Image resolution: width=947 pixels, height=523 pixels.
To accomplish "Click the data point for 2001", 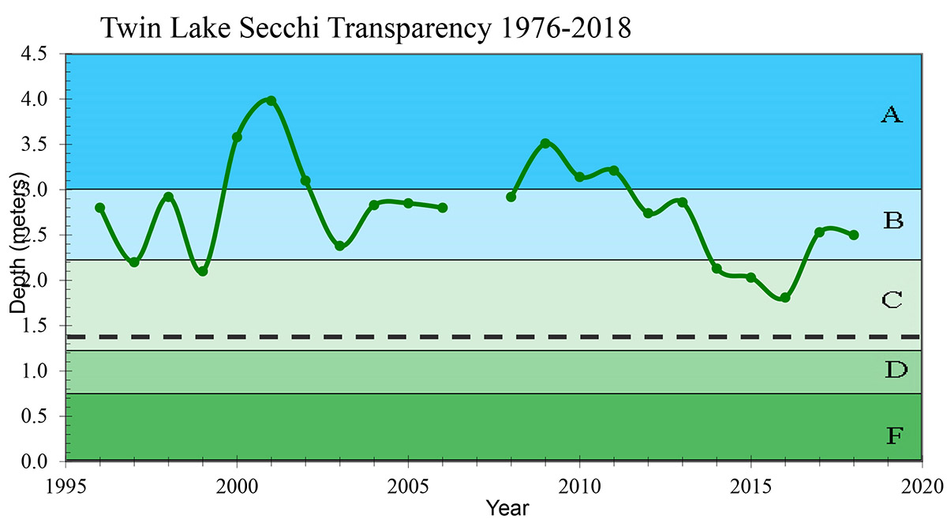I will [271, 100].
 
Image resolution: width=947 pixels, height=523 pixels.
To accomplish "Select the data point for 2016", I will [785, 297].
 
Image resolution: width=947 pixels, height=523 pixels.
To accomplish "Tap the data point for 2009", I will [545, 143].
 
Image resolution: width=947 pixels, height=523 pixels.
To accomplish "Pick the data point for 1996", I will [99, 208].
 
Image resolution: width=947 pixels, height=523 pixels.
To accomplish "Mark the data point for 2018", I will [854, 235].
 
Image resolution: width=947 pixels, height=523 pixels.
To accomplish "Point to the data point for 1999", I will [203, 271].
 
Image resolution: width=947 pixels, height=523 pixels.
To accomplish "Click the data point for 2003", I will [339, 246].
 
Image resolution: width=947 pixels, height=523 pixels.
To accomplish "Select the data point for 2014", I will [717, 269].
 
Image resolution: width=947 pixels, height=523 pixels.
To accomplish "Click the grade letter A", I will [891, 115].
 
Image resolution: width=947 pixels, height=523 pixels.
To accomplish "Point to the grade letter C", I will [892, 300].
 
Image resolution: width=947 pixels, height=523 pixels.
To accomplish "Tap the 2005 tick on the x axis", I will [408, 482].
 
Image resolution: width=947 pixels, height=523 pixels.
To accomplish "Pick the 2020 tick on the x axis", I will [922, 482].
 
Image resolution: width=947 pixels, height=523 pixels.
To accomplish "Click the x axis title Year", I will [507, 506].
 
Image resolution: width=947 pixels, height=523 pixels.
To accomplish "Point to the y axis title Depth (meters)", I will [20, 241].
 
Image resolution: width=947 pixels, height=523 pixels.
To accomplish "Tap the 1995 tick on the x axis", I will [66, 482].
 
